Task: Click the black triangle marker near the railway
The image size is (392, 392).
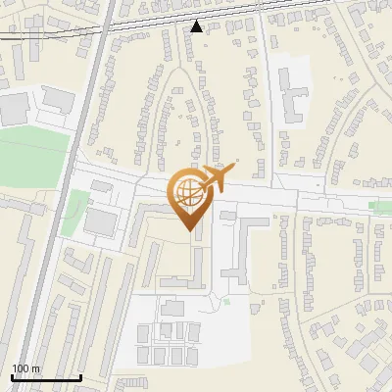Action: click(197, 26)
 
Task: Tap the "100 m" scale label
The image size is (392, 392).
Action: click(25, 368)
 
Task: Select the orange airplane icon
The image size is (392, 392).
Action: click(217, 179)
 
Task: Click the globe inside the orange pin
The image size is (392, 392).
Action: click(188, 194)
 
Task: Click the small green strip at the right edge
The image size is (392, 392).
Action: click(381, 206)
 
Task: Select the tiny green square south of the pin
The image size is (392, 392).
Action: click(226, 301)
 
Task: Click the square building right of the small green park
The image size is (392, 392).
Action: click(99, 221)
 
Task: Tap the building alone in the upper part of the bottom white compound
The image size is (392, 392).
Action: click(173, 309)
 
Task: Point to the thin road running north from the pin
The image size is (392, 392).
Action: click(196, 127)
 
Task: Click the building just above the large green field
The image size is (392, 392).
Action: click(57, 100)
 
